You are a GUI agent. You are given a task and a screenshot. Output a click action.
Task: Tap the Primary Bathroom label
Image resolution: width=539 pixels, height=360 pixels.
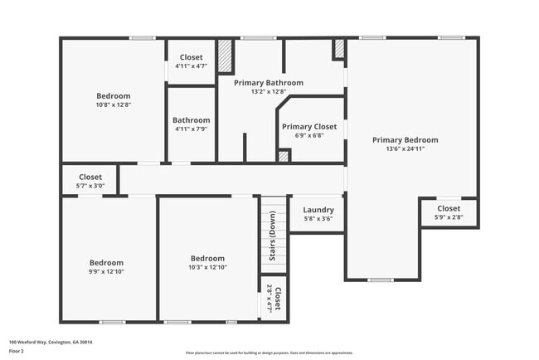tap(268, 83)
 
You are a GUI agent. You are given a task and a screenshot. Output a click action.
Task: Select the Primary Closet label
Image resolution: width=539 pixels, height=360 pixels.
tap(308, 127)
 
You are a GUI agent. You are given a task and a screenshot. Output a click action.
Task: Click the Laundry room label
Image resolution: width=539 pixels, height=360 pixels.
tap(318, 210)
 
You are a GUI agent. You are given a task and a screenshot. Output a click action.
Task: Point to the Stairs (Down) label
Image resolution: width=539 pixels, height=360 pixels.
tap(272, 236)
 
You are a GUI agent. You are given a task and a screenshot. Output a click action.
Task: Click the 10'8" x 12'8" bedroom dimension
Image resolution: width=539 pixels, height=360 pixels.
tap(114, 105)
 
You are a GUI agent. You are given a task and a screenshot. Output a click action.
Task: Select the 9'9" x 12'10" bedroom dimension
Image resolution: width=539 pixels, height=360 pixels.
tap(106, 271)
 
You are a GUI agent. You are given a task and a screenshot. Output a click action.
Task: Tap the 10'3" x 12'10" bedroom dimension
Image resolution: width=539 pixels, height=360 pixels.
tap(207, 267)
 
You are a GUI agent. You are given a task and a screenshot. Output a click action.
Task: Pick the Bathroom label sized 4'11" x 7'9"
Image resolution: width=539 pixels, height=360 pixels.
tap(191, 120)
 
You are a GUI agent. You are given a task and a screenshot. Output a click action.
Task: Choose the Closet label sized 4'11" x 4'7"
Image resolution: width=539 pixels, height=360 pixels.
tap(191, 57)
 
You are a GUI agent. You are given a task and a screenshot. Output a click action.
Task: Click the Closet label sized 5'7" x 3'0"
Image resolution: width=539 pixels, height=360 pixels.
tap(90, 177)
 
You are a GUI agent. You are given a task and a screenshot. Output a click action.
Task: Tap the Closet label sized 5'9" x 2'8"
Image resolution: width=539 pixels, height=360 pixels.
tap(449, 208)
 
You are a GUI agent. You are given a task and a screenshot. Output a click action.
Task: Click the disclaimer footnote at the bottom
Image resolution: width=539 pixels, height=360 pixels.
tap(269, 353)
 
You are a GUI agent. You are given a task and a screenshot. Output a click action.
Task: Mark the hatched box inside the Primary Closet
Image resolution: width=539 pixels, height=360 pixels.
tap(284, 155)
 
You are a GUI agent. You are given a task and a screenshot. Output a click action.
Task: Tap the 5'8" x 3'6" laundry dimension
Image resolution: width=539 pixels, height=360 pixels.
tap(318, 219)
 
